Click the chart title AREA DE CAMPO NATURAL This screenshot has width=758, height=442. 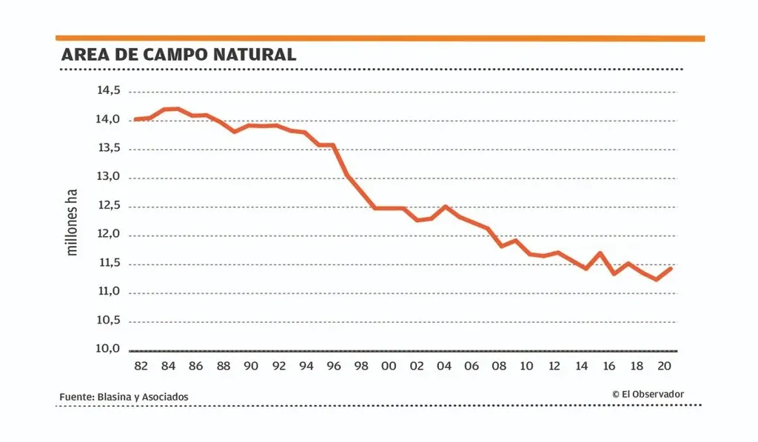(178, 55)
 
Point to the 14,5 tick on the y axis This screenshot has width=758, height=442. (107, 90)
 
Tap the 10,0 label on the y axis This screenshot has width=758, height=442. (107, 349)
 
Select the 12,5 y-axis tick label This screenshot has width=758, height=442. (107, 205)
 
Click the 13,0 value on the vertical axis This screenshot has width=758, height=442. (107, 177)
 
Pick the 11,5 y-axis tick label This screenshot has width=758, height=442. (107, 263)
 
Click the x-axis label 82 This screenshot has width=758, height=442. (141, 366)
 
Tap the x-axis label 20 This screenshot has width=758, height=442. (665, 366)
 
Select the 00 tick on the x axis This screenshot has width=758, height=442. (389, 366)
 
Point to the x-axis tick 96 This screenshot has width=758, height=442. (334, 366)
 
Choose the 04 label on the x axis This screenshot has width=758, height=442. (444, 366)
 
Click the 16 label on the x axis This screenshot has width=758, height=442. (609, 366)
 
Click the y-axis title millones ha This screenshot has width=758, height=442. (72, 221)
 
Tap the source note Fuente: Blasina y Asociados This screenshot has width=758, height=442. (124, 397)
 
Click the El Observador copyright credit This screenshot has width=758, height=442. (648, 395)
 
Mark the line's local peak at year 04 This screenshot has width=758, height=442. (445, 207)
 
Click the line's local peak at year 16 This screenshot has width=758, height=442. (600, 253)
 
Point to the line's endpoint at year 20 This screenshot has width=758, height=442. (671, 268)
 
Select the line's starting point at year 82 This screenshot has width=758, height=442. (135, 119)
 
